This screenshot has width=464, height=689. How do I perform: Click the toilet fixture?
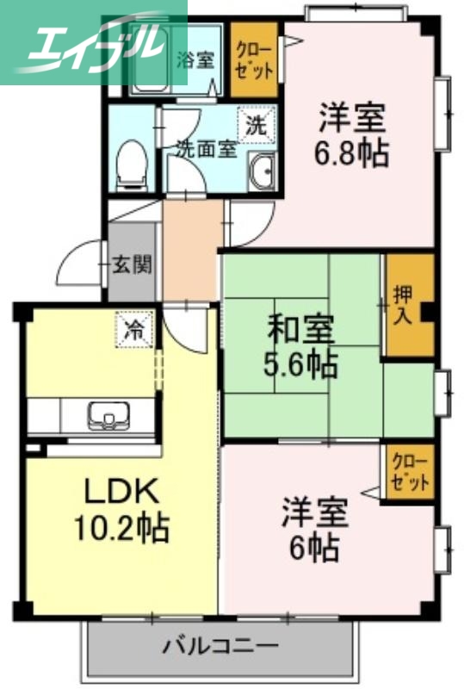(x=131, y=164)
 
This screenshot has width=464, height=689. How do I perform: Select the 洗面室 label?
(x=206, y=147)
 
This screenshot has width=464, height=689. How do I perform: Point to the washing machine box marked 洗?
(x=257, y=123)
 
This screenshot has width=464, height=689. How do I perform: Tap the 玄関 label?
(x=132, y=264)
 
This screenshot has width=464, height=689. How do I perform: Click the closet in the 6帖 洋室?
(x=408, y=470)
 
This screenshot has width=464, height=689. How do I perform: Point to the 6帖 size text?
(x=315, y=547)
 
